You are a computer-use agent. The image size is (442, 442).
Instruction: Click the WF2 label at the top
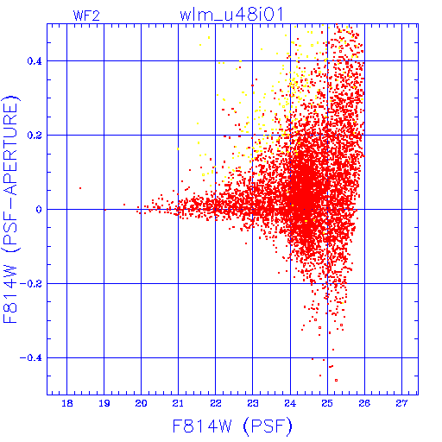coord(86,16)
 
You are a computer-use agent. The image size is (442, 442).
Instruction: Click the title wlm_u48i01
coord(231,15)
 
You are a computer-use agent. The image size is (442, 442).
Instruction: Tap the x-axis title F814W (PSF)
coord(232,426)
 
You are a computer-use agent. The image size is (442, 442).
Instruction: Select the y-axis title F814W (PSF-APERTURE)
coord(11,210)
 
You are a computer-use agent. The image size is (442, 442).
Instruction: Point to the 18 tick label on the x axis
coord(67,403)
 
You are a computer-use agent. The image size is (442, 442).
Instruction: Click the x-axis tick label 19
coord(104,403)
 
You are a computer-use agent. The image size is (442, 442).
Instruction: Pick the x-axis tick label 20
coord(141,403)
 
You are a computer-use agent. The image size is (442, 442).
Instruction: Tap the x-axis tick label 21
coord(178,403)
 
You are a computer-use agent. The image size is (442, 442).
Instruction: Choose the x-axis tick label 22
coord(216,403)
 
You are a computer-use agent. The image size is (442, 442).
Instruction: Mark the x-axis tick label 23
coord(253,403)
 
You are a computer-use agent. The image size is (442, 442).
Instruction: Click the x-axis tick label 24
coord(290,403)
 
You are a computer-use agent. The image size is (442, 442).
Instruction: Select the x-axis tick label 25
coord(327,403)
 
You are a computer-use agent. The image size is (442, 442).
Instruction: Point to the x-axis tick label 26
coord(364,403)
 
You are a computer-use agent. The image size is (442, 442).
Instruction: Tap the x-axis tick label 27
coord(401,403)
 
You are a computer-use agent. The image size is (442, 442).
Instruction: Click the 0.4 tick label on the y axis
coord(35,61)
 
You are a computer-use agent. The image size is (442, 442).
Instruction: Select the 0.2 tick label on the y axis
coord(35,136)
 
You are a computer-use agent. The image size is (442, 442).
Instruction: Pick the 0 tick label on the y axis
coord(39,210)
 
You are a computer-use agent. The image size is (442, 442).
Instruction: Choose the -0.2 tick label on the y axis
coord(30,284)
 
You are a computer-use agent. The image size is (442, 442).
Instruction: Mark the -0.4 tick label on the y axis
coord(30,358)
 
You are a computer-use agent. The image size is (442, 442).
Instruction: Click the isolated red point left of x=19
coord(80,188)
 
